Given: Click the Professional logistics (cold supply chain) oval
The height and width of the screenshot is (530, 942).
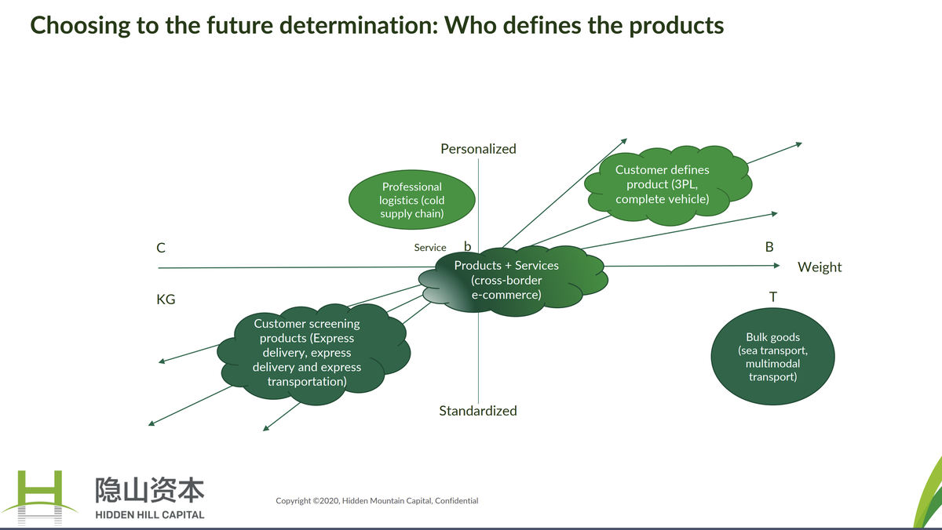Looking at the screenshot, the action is coord(411,200).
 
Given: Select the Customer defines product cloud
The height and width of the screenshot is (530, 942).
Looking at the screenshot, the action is coord(668,185).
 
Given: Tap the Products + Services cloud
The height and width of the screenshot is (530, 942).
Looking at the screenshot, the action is coord(513,281).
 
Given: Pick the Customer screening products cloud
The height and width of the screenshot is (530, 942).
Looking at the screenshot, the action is coord(313,354).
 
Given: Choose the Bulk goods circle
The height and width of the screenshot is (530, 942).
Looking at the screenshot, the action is coord(772,357).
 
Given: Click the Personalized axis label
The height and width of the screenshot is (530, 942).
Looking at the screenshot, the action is coord(478,149).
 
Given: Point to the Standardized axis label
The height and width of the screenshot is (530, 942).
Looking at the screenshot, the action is coord(478,411).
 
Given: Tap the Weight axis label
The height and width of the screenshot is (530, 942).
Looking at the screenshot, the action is coord(820,267).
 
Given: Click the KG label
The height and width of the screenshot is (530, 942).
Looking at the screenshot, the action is coord(166,299).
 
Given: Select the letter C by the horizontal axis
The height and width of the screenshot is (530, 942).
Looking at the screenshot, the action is coord(161,248).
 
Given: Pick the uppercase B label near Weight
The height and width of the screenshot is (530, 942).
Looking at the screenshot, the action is coord(769,247).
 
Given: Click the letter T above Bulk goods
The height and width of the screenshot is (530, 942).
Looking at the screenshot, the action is coord(773,297).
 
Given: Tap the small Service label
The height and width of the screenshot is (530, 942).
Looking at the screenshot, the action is coord(430,248).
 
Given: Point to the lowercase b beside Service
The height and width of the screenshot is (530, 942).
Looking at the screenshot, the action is coord(467,246).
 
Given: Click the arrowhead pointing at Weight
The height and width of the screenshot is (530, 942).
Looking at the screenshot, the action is coord(776,266).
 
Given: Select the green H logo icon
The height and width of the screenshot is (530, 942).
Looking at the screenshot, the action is coord(40,498).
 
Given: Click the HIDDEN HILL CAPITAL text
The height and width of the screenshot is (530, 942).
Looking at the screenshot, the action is coord(150,515).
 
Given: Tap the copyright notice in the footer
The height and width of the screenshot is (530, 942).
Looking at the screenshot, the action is coord(377,501).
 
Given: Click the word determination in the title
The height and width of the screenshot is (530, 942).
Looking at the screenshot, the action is coord(358,25).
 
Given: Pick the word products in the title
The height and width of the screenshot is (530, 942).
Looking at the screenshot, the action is coord(677,26).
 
